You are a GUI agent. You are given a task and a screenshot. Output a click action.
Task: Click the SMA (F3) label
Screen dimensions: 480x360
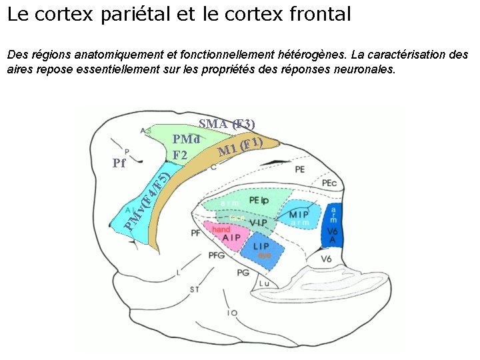tap(227, 124)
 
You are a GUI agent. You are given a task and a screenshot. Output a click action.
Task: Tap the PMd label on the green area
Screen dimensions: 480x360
tap(187, 139)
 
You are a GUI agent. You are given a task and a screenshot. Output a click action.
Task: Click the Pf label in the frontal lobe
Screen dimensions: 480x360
tap(119, 163)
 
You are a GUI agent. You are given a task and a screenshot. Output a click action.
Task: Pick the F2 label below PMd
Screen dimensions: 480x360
tap(179, 155)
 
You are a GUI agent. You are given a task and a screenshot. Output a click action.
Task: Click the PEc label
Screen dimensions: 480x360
tap(329, 183)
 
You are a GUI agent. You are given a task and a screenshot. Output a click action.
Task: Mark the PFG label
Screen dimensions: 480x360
tap(216, 255)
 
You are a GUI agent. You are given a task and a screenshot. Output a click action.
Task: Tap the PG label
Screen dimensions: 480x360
tap(243, 272)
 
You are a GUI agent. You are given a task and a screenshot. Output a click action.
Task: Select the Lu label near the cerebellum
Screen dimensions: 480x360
tap(264, 283)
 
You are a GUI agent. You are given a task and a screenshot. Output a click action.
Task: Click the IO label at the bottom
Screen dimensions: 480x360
tap(232, 312)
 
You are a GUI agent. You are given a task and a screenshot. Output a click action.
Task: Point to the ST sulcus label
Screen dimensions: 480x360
tap(194, 289)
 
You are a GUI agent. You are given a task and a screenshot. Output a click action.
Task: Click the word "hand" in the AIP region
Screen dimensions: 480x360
tap(221, 229)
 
